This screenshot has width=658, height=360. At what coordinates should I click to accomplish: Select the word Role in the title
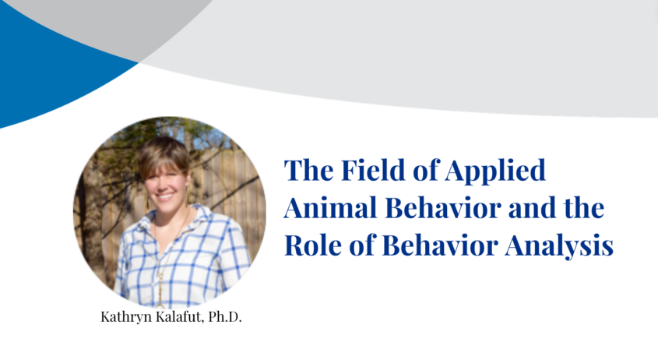tap(312, 246)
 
